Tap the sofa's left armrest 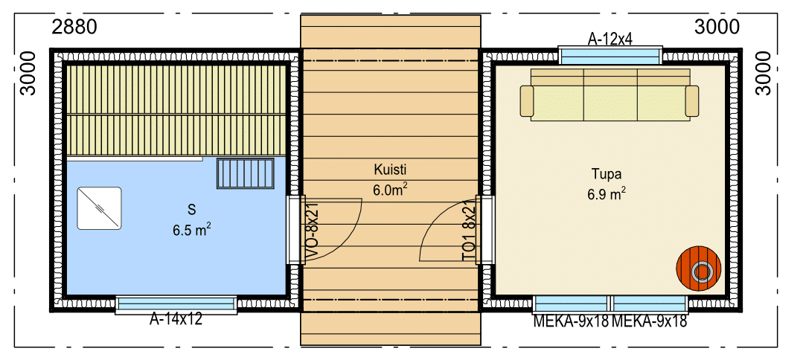(527, 101)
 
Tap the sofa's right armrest (692, 101)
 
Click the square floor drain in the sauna (99, 208)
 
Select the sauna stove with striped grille (245, 173)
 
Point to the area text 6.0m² (391, 190)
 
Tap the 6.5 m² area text (192, 230)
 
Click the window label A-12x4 (610, 39)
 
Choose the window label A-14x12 (176, 319)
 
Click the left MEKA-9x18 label (571, 321)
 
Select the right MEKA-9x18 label (649, 321)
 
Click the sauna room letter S (192, 209)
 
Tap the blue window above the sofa (610, 56)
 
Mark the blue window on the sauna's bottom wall (176, 304)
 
